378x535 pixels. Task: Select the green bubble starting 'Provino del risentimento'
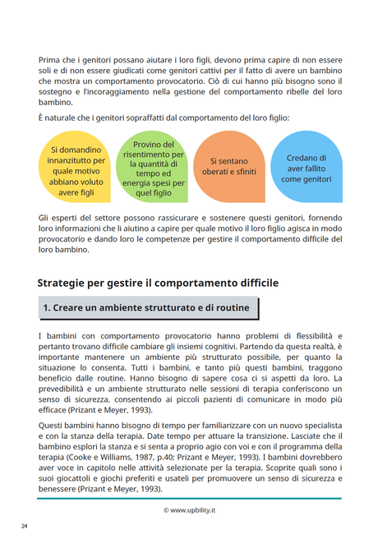[x=153, y=168]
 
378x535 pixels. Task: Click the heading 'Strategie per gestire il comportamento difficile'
[x=158, y=282]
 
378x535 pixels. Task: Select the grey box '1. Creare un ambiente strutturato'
[x=148, y=308]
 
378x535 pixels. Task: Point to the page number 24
[x=25, y=524]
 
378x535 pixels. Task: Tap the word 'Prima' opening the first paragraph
[x=50, y=61]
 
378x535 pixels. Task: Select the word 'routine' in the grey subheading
[x=230, y=308]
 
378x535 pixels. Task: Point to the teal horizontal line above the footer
[x=189, y=498]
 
